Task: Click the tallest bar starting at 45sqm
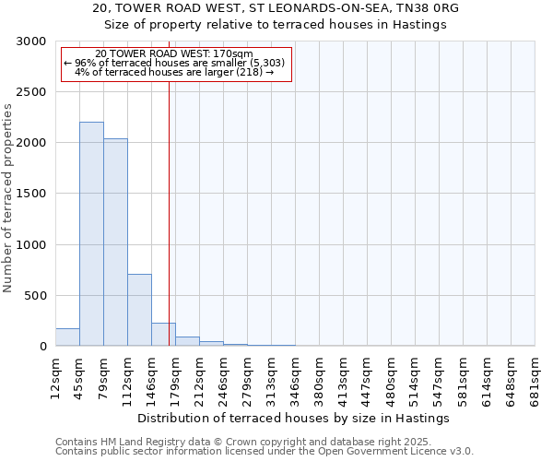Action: pyautogui.click(x=91, y=234)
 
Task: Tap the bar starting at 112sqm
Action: pyautogui.click(x=139, y=310)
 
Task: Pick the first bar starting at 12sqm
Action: pyautogui.click(x=67, y=337)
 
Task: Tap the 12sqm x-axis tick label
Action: pyautogui.click(x=55, y=378)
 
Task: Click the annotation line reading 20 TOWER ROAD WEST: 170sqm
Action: pyautogui.click(x=173, y=54)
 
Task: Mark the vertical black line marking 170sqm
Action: pyautogui.click(x=169, y=212)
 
